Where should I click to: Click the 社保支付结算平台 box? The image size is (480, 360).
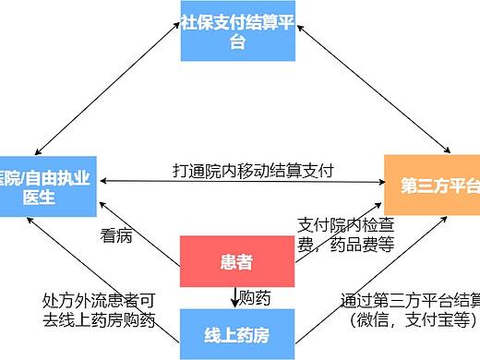point(237,31)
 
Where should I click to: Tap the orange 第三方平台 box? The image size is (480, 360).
point(433,185)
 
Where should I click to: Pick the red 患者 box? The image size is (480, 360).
point(236,261)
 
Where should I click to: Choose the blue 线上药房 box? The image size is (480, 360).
point(236,335)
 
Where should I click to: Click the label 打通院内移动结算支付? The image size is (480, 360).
point(253,170)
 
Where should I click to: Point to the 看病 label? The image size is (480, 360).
point(116,235)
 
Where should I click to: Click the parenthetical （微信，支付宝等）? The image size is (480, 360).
point(410,320)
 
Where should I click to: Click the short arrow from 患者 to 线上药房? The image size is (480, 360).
point(234,297)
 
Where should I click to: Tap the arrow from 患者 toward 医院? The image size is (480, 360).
point(138,227)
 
